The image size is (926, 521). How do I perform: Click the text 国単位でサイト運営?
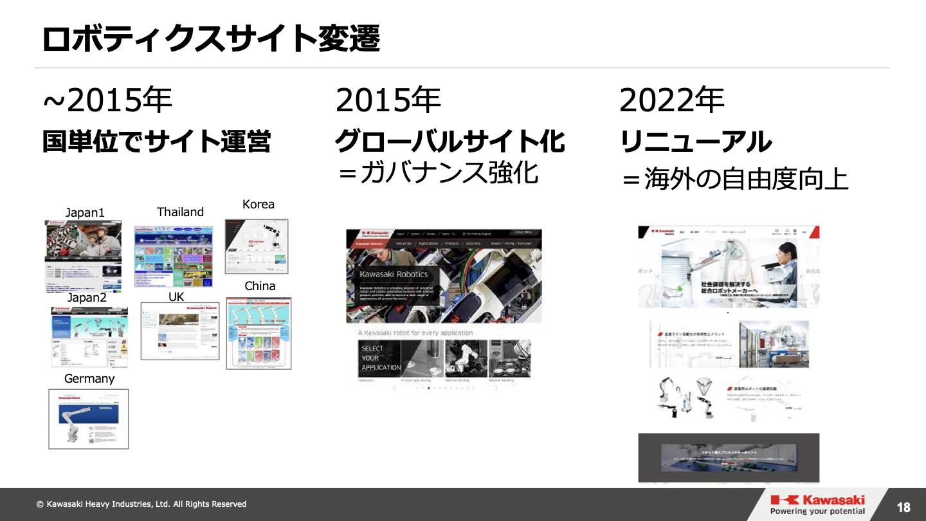tap(157, 142)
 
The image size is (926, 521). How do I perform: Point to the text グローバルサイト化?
tap(450, 142)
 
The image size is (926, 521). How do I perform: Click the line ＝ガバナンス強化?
tap(438, 172)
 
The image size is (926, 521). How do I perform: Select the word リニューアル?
tap(696, 142)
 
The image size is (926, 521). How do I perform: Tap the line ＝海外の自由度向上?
tap(734, 179)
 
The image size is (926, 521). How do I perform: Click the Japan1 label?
tap(85, 213)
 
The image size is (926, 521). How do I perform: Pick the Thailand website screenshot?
tap(173, 256)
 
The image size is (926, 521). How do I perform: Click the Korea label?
tap(259, 205)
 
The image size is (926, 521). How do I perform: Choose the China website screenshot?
tap(259, 333)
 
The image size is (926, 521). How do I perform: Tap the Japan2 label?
tap(87, 298)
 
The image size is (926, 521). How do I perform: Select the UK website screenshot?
tap(180, 331)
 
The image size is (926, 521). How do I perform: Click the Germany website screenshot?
tap(89, 419)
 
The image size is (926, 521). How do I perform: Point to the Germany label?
tap(89, 379)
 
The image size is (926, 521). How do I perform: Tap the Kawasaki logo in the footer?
tap(817, 505)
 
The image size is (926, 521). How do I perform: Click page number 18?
tap(903, 507)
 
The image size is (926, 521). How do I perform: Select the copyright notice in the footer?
tap(141, 504)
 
